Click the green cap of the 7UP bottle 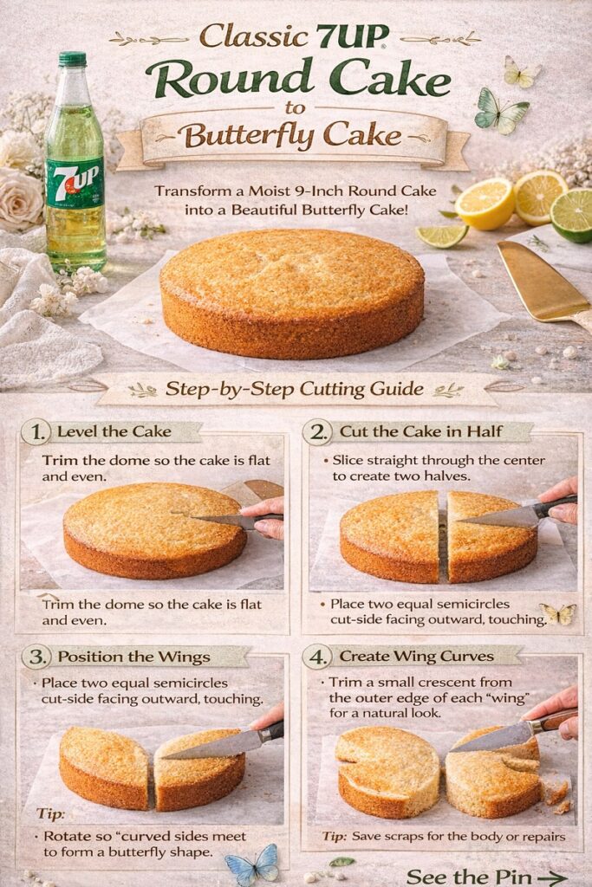click(73, 60)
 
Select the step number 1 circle click(36, 432)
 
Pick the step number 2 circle click(316, 432)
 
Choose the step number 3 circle click(36, 657)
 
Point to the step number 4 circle click(316, 657)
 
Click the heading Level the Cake click(114, 431)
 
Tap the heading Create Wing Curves click(417, 657)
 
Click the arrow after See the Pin click(552, 877)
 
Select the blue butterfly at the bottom click(253, 864)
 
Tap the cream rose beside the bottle click(21, 199)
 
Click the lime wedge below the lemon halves click(442, 235)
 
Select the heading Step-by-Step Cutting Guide click(295, 389)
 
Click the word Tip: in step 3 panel click(50, 814)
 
